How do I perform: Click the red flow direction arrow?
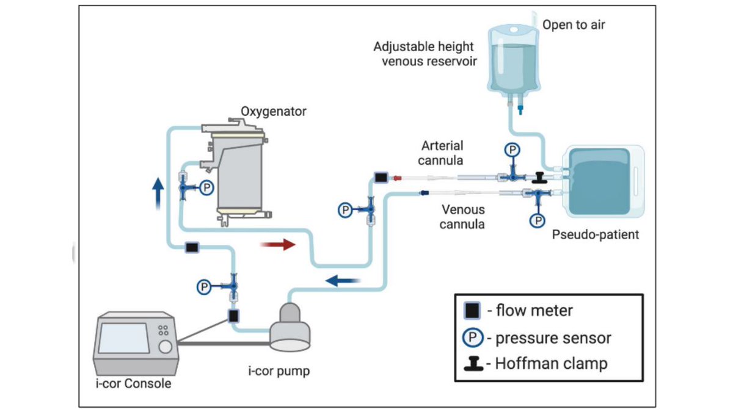pos(277,245)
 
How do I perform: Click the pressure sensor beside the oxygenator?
pos(206,189)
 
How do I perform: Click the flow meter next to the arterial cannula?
pos(381,178)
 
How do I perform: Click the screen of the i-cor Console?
pos(124,338)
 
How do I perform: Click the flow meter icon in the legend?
pos(472,311)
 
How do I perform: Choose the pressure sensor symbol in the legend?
pos(472,337)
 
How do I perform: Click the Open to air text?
pos(574,25)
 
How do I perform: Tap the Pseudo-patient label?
pos(595,234)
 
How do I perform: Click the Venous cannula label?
pos(463,217)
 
